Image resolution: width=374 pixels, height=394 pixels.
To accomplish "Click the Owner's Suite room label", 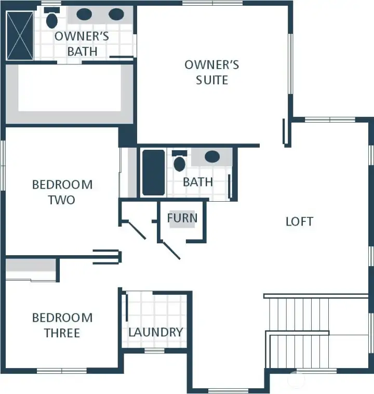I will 212,72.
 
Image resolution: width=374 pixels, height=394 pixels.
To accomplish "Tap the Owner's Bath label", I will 82,44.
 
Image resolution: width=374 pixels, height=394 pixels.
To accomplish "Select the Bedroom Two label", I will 62,192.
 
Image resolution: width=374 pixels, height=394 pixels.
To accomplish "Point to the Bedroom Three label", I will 62,325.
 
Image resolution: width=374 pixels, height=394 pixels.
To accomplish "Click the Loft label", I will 300,221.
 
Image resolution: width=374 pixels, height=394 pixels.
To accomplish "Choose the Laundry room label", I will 155,332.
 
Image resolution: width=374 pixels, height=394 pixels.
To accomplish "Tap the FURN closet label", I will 182,218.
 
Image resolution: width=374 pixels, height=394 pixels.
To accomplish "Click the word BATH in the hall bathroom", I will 198,182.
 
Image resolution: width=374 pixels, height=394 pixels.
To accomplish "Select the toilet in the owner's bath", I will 51,20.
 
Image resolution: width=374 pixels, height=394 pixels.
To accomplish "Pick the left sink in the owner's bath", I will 84,15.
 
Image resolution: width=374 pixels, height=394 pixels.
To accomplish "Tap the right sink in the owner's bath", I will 116,15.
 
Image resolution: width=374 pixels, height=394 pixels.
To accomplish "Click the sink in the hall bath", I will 212,156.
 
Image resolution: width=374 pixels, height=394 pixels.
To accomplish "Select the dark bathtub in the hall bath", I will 153,173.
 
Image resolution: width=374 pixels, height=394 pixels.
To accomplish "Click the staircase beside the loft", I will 299,330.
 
